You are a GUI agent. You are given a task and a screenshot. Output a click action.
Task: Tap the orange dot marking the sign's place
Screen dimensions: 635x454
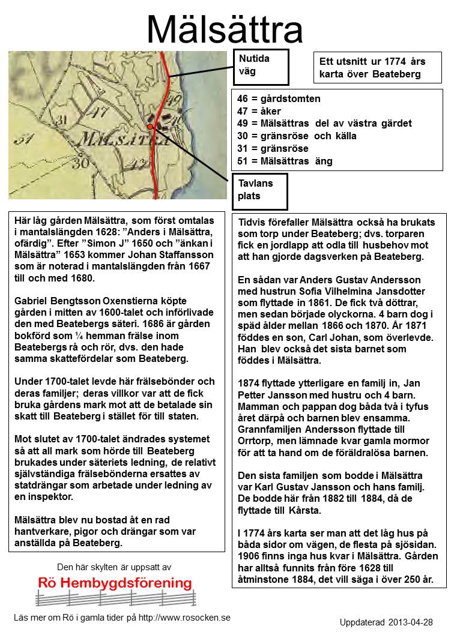click(150, 127)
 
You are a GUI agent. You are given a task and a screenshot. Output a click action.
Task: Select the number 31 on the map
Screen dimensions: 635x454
click(23, 140)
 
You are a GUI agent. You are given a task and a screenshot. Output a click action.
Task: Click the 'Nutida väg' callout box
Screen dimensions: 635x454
click(260, 67)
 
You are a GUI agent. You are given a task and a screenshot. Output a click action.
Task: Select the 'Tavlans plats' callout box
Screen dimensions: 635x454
click(260, 191)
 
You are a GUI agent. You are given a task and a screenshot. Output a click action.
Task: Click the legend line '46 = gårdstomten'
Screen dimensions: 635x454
click(279, 98)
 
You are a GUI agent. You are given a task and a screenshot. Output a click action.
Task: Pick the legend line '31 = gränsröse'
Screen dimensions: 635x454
click(273, 148)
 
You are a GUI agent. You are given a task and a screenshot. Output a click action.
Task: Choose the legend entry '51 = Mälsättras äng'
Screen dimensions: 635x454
click(285, 161)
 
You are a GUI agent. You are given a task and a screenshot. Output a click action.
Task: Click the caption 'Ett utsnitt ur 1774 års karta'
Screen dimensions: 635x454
click(369, 68)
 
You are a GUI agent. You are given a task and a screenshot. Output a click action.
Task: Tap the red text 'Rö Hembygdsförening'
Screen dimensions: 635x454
click(115, 583)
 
